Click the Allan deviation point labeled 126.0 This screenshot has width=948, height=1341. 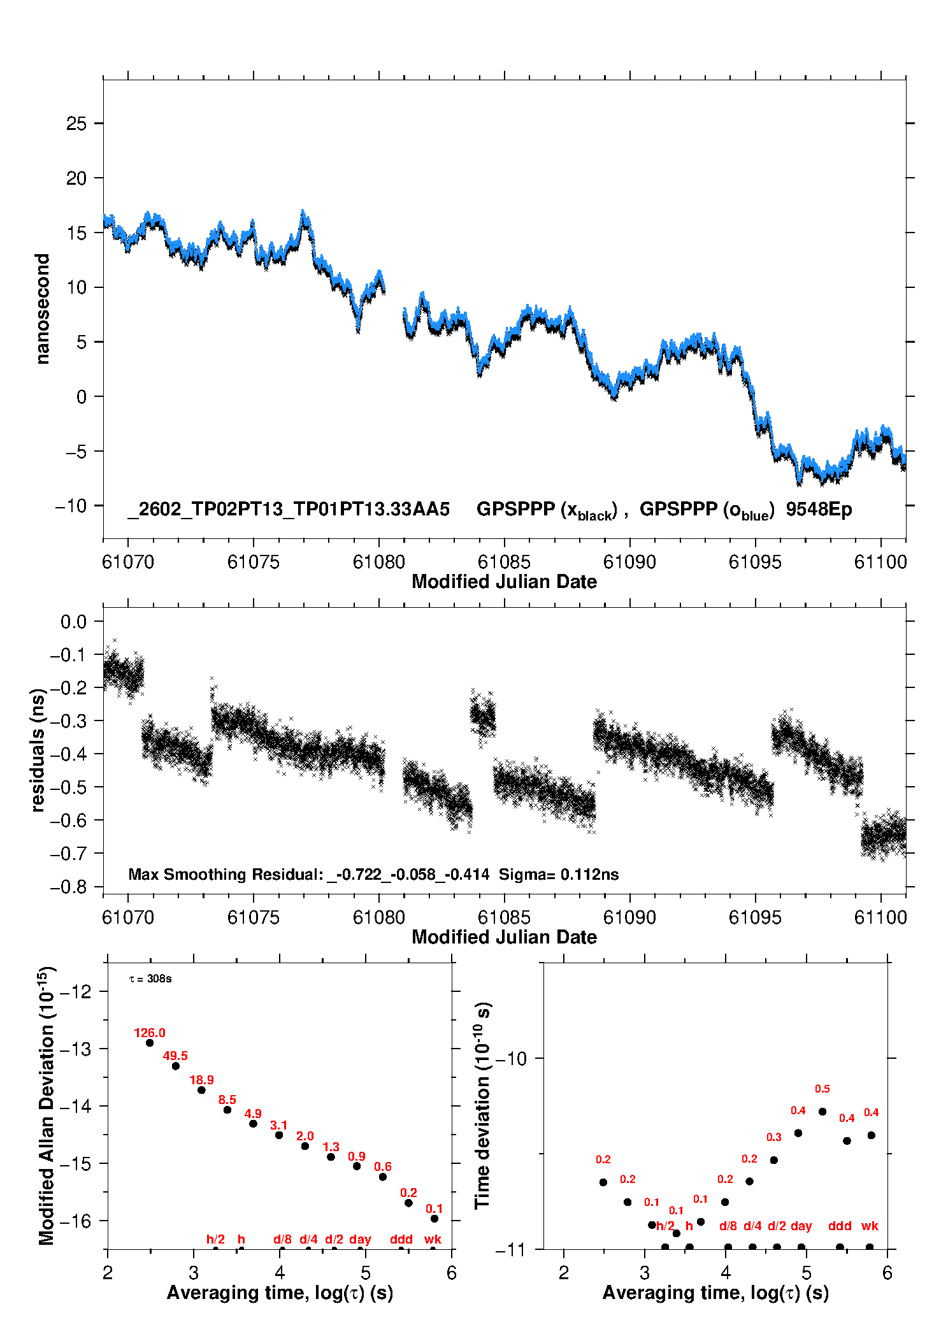click(x=150, y=1043)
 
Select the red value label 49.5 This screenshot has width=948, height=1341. click(x=175, y=1056)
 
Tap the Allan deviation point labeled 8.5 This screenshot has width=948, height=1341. click(x=227, y=1110)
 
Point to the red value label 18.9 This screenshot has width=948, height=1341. click(x=201, y=1080)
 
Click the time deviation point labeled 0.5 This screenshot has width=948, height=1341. click(x=822, y=1111)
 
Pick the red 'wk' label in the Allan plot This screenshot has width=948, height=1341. click(x=433, y=1239)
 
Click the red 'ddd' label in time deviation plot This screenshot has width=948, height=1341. click(x=840, y=1226)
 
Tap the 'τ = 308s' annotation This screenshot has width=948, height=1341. click(x=150, y=979)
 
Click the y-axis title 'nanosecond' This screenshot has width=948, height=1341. click(x=43, y=309)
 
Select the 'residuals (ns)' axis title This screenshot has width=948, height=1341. click(x=38, y=750)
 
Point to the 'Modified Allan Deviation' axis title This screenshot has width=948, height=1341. click(x=47, y=1106)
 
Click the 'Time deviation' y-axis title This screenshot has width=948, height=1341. click(x=483, y=1106)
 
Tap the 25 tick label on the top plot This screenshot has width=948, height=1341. click(x=76, y=124)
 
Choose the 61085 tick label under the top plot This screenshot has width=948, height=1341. click(x=504, y=562)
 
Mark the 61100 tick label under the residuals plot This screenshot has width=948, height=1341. click(x=880, y=917)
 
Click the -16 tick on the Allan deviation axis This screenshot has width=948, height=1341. click(x=75, y=1221)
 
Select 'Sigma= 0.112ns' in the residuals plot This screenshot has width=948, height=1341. click(x=559, y=874)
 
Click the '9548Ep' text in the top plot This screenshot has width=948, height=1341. click(x=819, y=510)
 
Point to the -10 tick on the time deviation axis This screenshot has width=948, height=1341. click(x=511, y=1059)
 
